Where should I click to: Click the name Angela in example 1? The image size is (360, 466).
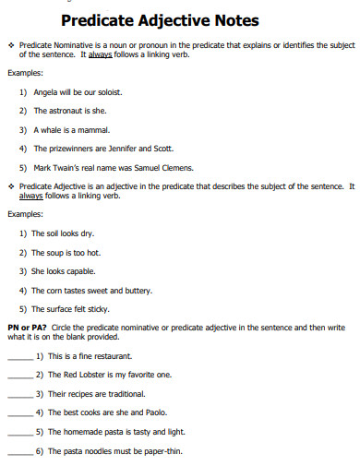(x=45, y=92)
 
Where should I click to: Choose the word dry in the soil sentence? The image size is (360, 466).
(x=89, y=233)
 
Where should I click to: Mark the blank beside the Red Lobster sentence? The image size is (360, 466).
(x=18, y=376)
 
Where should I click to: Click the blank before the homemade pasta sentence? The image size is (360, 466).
(x=18, y=433)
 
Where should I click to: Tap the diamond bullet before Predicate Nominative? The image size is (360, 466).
(x=10, y=44)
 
